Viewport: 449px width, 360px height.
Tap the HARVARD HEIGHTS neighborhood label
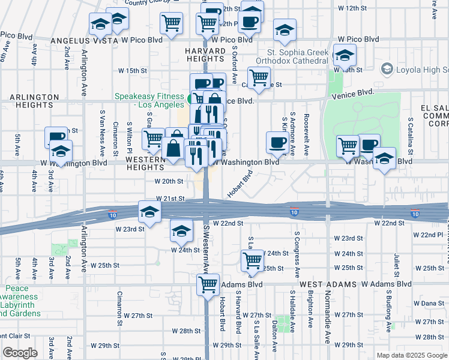pyautogui.click(x=205, y=54)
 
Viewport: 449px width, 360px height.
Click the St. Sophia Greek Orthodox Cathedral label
pyautogui.click(x=292, y=56)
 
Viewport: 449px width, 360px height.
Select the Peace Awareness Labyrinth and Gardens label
pyautogui.click(x=20, y=301)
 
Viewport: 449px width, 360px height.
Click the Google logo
pyautogui.click(x=20, y=353)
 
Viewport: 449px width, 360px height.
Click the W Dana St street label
pyautogui.click(x=429, y=304)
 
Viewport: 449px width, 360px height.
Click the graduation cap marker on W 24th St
pyautogui.click(x=181, y=230)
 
